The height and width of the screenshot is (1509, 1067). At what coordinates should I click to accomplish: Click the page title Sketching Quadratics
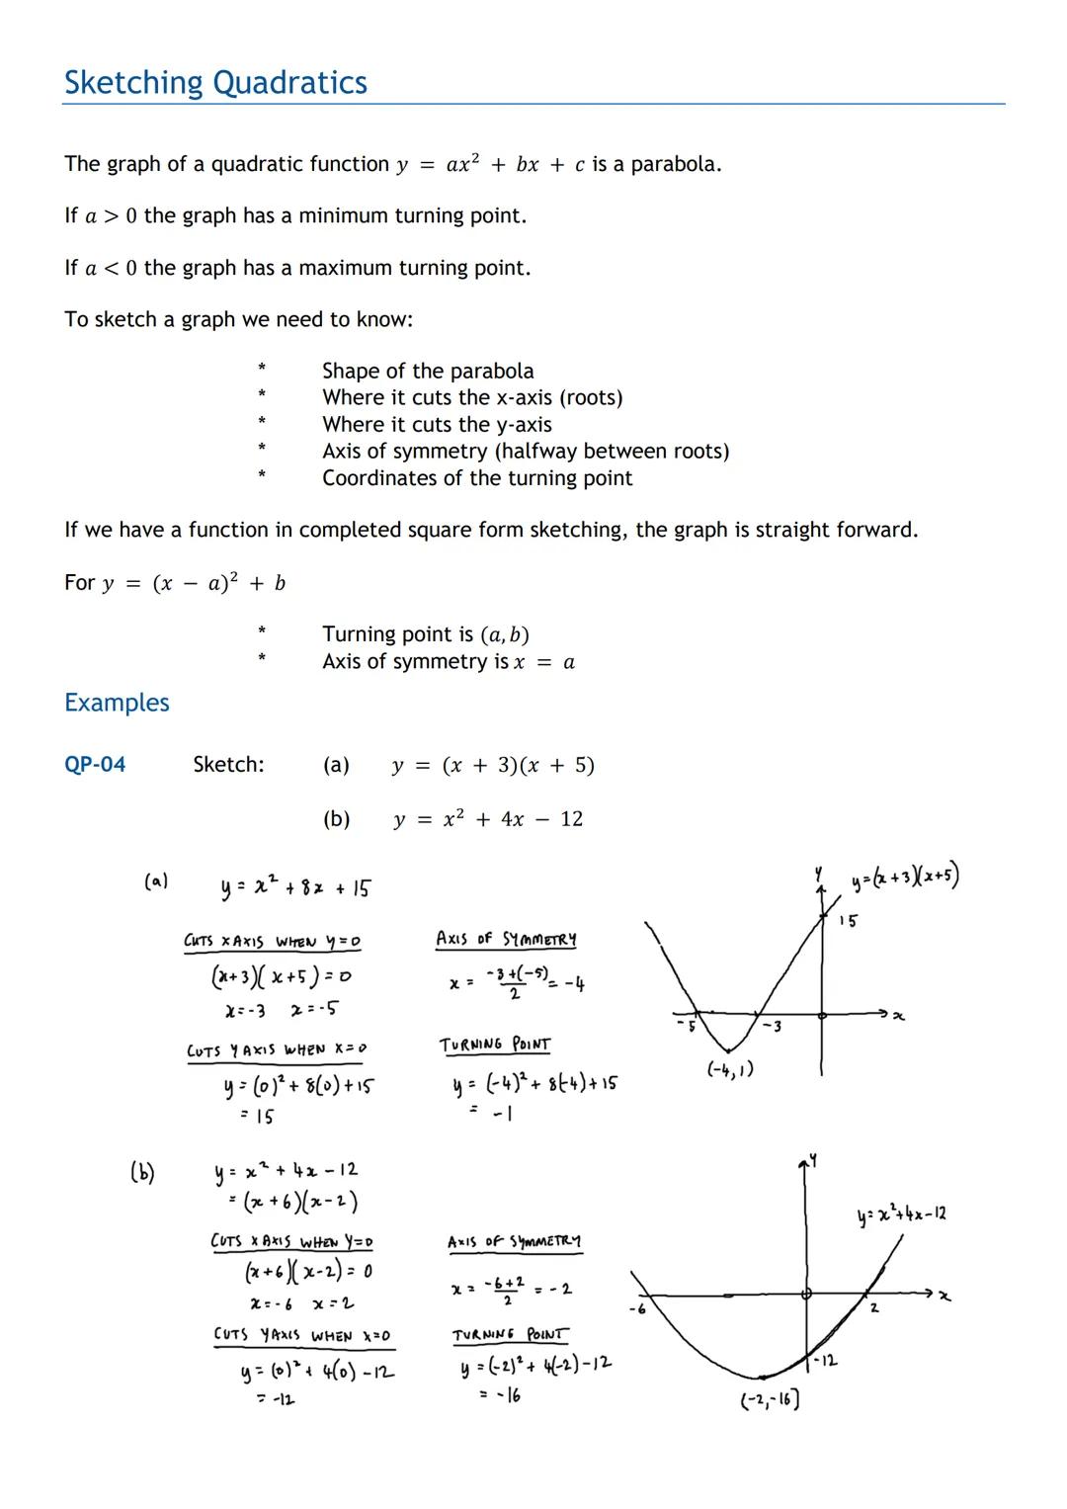215,83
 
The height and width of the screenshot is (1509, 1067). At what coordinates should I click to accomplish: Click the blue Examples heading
117,703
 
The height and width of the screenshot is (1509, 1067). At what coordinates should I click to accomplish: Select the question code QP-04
95,765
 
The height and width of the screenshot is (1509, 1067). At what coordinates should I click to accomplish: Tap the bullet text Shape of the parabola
427,372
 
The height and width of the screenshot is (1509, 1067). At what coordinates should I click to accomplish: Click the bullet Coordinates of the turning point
477,478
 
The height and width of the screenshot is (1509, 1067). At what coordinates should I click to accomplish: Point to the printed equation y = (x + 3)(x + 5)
493,766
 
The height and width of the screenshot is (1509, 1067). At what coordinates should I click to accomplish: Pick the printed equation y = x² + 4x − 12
488,819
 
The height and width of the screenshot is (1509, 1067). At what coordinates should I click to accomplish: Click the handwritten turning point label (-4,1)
730,1069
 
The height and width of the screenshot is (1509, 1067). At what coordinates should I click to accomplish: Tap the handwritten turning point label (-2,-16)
770,1399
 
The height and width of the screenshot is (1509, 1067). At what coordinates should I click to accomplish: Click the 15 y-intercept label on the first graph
848,921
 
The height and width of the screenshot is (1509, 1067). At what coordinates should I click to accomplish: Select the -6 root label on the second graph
637,1309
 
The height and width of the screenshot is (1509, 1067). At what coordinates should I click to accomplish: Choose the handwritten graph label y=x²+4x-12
902,1214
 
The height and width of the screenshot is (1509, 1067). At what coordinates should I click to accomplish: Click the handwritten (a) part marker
156,880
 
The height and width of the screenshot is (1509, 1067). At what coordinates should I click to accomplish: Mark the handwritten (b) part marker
142,1172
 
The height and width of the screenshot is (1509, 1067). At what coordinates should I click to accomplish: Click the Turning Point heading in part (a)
495,1045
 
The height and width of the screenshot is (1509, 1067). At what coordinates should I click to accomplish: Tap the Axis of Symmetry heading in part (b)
514,1241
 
